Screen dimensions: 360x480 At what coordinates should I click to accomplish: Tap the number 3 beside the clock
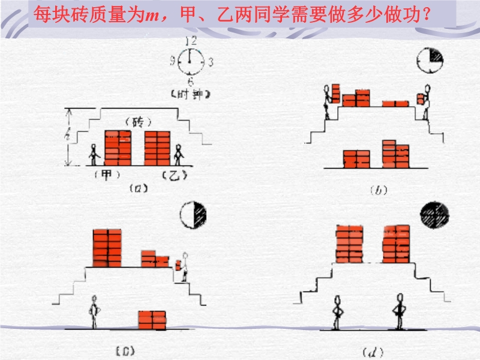tap(211, 61)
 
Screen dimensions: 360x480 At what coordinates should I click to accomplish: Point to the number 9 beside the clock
tap(173, 61)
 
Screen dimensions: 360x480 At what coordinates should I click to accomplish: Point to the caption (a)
tap(138, 188)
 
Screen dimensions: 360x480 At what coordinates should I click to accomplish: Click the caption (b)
tap(378, 190)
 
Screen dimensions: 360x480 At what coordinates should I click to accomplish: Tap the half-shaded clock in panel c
tap(194, 214)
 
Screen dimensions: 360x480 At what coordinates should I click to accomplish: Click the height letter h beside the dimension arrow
tap(70, 137)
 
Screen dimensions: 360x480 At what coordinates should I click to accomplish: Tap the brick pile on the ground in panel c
tap(152, 319)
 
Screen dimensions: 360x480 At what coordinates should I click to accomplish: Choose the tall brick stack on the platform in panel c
tap(107, 247)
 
